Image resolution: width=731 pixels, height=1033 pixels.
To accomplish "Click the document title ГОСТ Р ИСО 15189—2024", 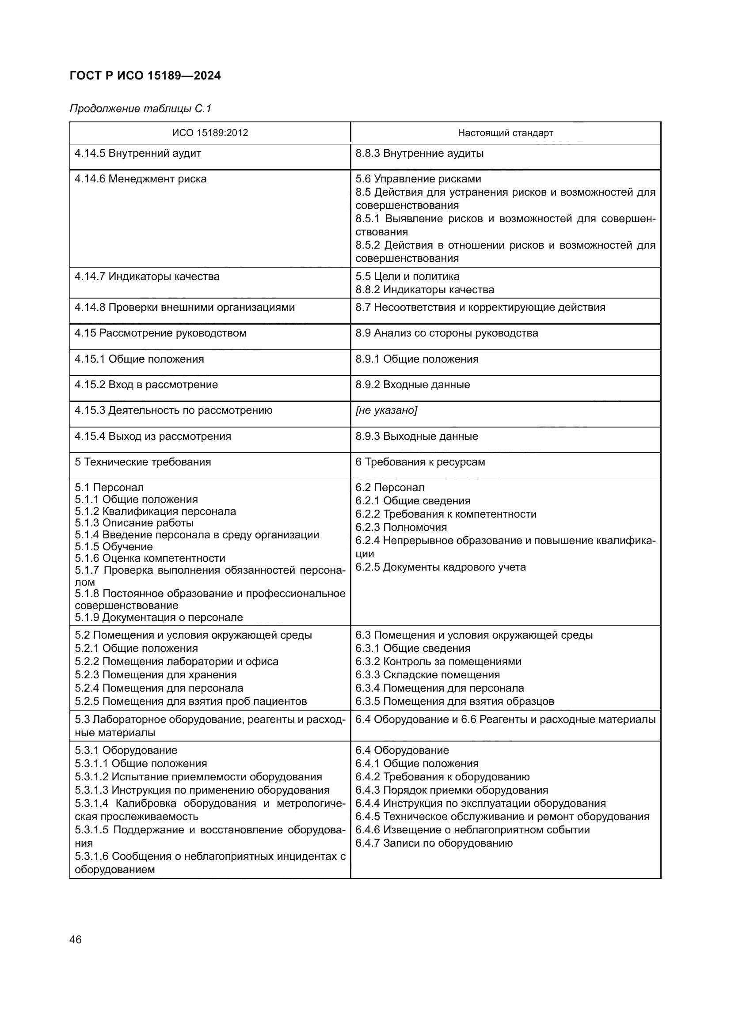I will click(145, 76).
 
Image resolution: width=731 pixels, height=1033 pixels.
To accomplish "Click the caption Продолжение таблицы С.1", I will click(141, 109).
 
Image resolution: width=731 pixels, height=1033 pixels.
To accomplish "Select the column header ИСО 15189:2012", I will click(210, 133).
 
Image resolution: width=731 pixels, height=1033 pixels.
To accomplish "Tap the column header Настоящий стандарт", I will click(505, 133).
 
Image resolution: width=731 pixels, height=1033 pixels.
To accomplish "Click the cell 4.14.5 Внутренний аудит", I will click(138, 153).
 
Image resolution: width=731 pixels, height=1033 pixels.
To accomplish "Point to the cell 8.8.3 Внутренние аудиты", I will click(419, 153).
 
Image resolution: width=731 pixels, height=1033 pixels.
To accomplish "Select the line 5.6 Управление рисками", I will click(418, 179).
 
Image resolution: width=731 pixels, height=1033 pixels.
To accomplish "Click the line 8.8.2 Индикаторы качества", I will click(424, 290).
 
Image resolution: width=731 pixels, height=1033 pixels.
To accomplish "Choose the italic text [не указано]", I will click(386, 410).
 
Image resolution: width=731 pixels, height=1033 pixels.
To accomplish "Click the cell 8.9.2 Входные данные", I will click(412, 385).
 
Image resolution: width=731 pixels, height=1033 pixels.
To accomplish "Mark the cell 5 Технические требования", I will click(143, 462).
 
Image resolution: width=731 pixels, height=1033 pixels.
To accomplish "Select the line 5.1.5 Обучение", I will click(114, 547).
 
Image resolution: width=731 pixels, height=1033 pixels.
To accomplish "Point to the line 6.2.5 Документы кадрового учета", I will click(440, 567).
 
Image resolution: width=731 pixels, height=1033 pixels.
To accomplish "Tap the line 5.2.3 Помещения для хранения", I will click(155, 675).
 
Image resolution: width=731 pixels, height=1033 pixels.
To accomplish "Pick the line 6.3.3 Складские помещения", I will click(427, 675).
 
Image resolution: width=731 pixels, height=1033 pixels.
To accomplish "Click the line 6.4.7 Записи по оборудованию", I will click(434, 843).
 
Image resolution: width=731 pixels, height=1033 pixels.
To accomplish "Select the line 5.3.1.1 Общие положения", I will click(141, 764).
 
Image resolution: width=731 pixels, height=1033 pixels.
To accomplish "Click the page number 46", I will click(76, 939).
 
